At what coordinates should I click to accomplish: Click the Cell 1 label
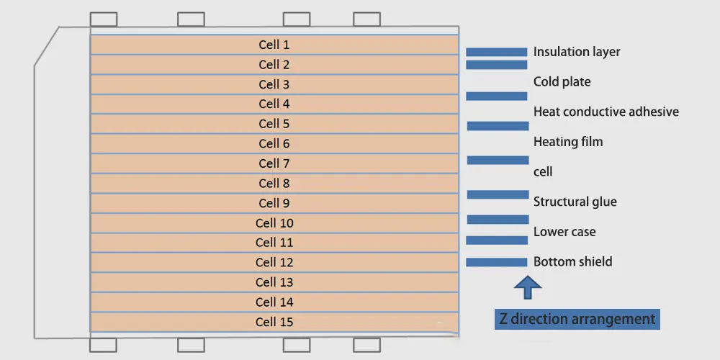tap(274, 45)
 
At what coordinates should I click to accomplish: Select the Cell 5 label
tap(274, 124)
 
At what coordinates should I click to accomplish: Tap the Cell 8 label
tap(274, 184)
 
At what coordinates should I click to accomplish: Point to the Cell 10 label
tap(274, 223)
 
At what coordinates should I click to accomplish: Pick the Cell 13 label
tap(274, 282)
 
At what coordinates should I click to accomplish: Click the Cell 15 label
tap(274, 322)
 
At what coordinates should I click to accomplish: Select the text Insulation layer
tap(577, 52)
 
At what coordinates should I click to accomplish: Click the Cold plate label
tap(562, 82)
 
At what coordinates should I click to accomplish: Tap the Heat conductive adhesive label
tap(606, 112)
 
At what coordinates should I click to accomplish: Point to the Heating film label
tap(568, 142)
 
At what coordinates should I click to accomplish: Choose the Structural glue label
tap(575, 202)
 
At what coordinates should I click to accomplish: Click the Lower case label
tap(564, 232)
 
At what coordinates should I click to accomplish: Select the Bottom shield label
tap(572, 261)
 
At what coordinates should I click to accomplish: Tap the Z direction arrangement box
tap(577, 319)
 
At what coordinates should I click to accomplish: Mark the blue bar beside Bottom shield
tap(497, 262)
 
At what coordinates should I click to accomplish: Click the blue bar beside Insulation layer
tap(497, 52)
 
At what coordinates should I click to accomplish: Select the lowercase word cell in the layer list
tap(543, 172)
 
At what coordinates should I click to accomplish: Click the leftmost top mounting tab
tap(104, 19)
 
